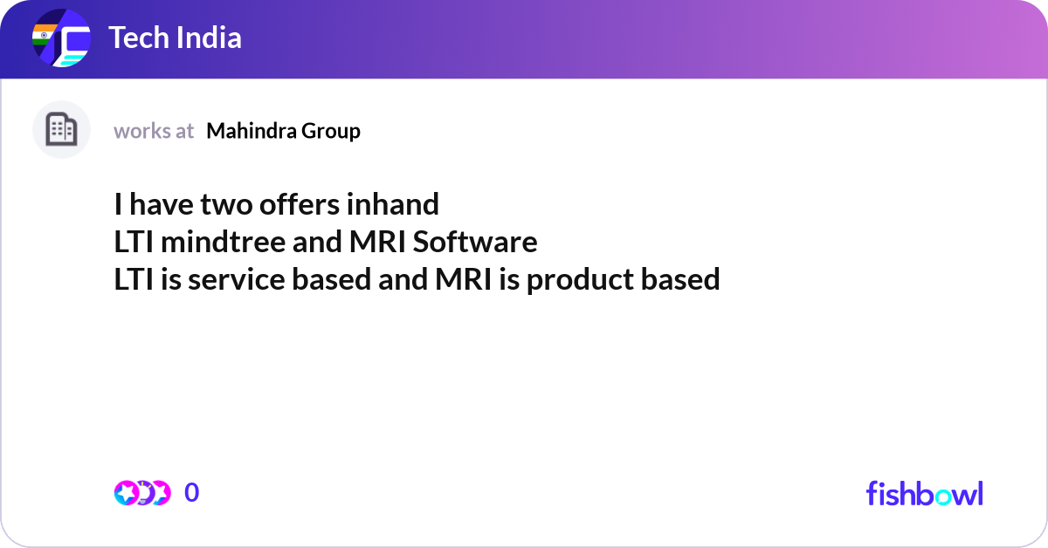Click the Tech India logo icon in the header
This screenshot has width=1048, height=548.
61,39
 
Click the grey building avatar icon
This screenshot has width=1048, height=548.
61,130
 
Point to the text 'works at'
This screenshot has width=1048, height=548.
154,131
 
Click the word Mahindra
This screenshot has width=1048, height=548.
252,131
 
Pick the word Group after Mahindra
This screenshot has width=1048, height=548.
331,131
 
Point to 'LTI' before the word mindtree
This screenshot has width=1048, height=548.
134,242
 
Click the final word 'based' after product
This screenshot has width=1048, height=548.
680,279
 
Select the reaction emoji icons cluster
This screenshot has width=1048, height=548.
141,493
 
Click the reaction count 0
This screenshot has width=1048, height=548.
192,493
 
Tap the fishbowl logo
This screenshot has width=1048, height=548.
924,493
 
